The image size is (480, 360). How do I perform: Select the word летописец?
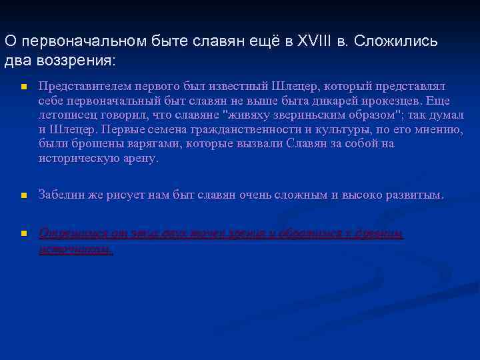[67, 115]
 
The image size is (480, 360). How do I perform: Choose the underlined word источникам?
[75, 249]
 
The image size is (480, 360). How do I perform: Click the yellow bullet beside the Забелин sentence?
[23, 196]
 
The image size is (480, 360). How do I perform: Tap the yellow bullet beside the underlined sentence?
[23, 234]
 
